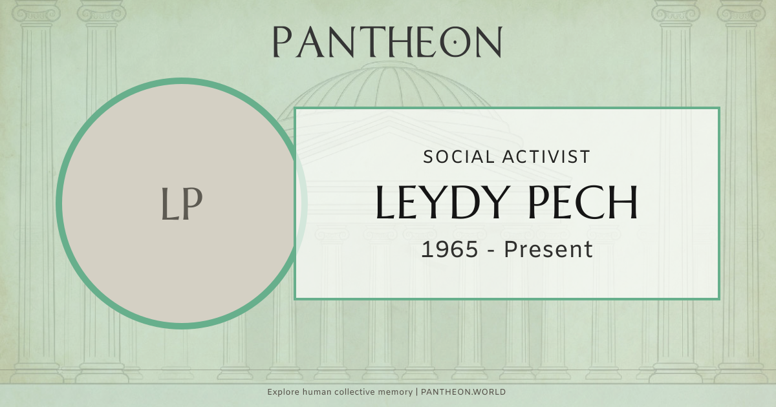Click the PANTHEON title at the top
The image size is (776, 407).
(x=387, y=42)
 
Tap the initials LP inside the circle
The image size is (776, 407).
(x=182, y=204)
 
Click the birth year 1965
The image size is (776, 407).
(x=450, y=249)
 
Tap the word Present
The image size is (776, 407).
(x=548, y=249)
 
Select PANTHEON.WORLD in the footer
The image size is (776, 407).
(x=463, y=392)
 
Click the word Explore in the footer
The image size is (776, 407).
(x=283, y=392)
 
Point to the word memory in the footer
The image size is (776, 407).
(x=396, y=392)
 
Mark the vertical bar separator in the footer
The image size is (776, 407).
(x=417, y=392)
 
